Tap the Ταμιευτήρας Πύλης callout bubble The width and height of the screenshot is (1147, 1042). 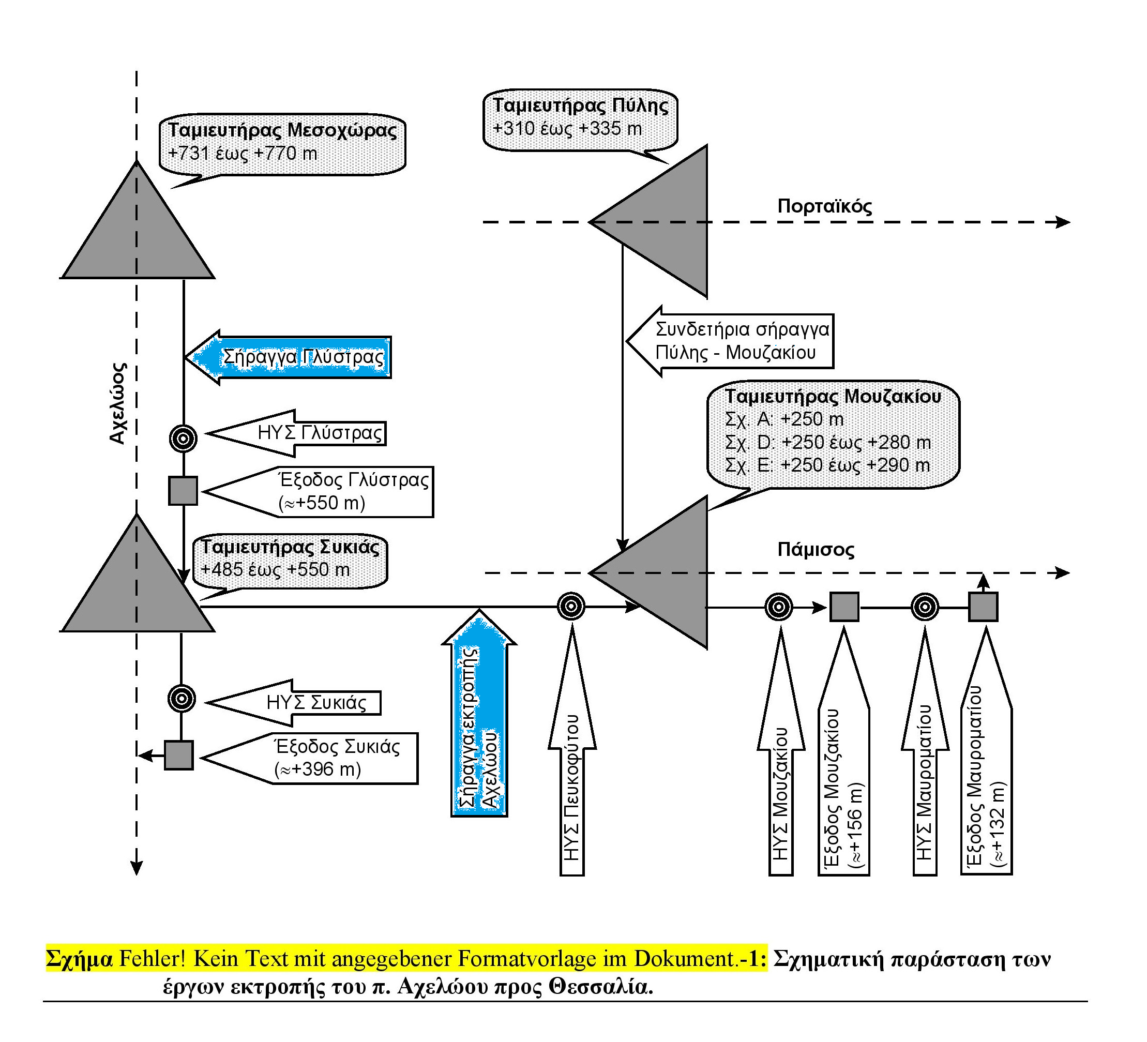click(x=580, y=120)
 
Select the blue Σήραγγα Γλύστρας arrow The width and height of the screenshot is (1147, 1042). click(x=289, y=357)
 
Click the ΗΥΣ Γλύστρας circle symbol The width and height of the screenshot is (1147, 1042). click(x=183, y=438)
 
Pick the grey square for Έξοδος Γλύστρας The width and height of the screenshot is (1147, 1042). click(x=183, y=491)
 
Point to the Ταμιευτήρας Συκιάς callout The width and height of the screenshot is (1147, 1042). click(x=290, y=561)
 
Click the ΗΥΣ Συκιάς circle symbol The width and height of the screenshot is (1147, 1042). click(x=182, y=698)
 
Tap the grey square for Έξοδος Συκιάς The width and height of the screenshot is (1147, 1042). click(x=178, y=755)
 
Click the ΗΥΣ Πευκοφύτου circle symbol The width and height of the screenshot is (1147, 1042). click(x=571, y=607)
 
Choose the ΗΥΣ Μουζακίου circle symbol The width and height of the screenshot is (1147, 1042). click(x=779, y=607)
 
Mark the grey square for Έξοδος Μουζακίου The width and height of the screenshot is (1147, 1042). click(x=844, y=607)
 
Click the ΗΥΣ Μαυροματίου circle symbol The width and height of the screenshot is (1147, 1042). click(x=925, y=607)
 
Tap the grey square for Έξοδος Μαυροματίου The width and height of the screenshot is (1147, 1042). click(x=983, y=607)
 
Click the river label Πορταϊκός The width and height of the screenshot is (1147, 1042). click(x=824, y=206)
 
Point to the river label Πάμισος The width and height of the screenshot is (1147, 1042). click(x=816, y=550)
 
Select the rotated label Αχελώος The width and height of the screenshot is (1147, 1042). click(x=118, y=403)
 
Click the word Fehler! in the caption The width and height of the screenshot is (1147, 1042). click(x=153, y=958)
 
